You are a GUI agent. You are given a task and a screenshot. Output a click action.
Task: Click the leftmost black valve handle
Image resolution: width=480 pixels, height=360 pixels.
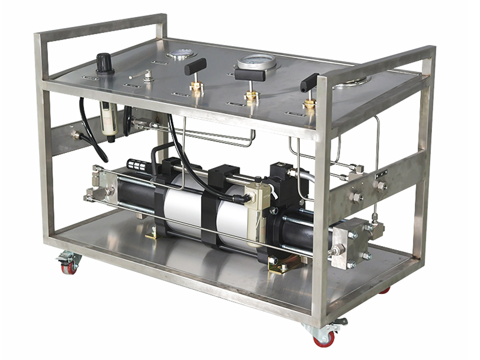click(x=196, y=66)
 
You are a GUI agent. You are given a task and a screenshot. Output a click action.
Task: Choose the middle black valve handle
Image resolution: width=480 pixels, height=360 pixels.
click(x=250, y=74)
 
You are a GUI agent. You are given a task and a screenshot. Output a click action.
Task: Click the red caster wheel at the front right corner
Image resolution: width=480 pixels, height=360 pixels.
click(x=325, y=339)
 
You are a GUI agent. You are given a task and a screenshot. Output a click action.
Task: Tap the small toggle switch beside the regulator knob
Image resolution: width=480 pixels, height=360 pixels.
click(x=147, y=75)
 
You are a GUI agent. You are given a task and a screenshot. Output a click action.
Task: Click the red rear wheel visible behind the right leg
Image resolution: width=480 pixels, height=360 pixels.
click(x=385, y=290)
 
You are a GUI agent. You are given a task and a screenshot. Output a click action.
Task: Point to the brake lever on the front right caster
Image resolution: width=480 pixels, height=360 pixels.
click(x=340, y=322)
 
